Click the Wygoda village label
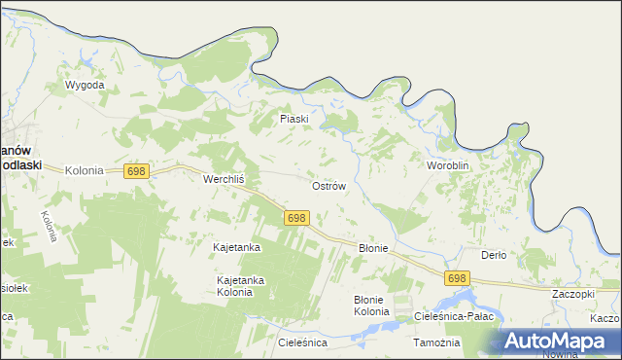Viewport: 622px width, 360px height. pyautogui.click(x=85, y=86)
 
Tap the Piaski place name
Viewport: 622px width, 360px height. pyautogui.click(x=294, y=119)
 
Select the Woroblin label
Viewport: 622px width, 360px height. pyautogui.click(x=448, y=166)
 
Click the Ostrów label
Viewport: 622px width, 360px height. pyautogui.click(x=328, y=186)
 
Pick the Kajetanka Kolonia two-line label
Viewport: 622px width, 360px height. pyautogui.click(x=240, y=286)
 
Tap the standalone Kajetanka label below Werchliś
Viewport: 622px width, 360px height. pyautogui.click(x=236, y=248)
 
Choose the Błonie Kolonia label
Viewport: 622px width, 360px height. pyautogui.click(x=370, y=306)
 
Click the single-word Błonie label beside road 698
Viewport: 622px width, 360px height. pyautogui.click(x=373, y=248)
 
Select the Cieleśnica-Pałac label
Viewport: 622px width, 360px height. pyautogui.click(x=455, y=317)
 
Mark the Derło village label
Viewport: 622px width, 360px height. pyautogui.click(x=494, y=255)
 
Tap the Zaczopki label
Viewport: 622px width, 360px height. pyautogui.click(x=572, y=293)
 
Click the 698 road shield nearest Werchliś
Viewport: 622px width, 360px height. pyautogui.click(x=136, y=171)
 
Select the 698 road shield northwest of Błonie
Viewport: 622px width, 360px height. pyautogui.click(x=297, y=218)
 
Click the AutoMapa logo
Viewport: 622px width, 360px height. pyautogui.click(x=556, y=340)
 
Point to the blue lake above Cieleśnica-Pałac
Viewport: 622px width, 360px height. pyautogui.click(x=465, y=298)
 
